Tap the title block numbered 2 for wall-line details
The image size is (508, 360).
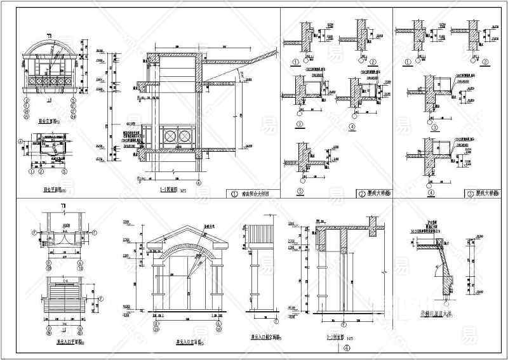tap(375, 194)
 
